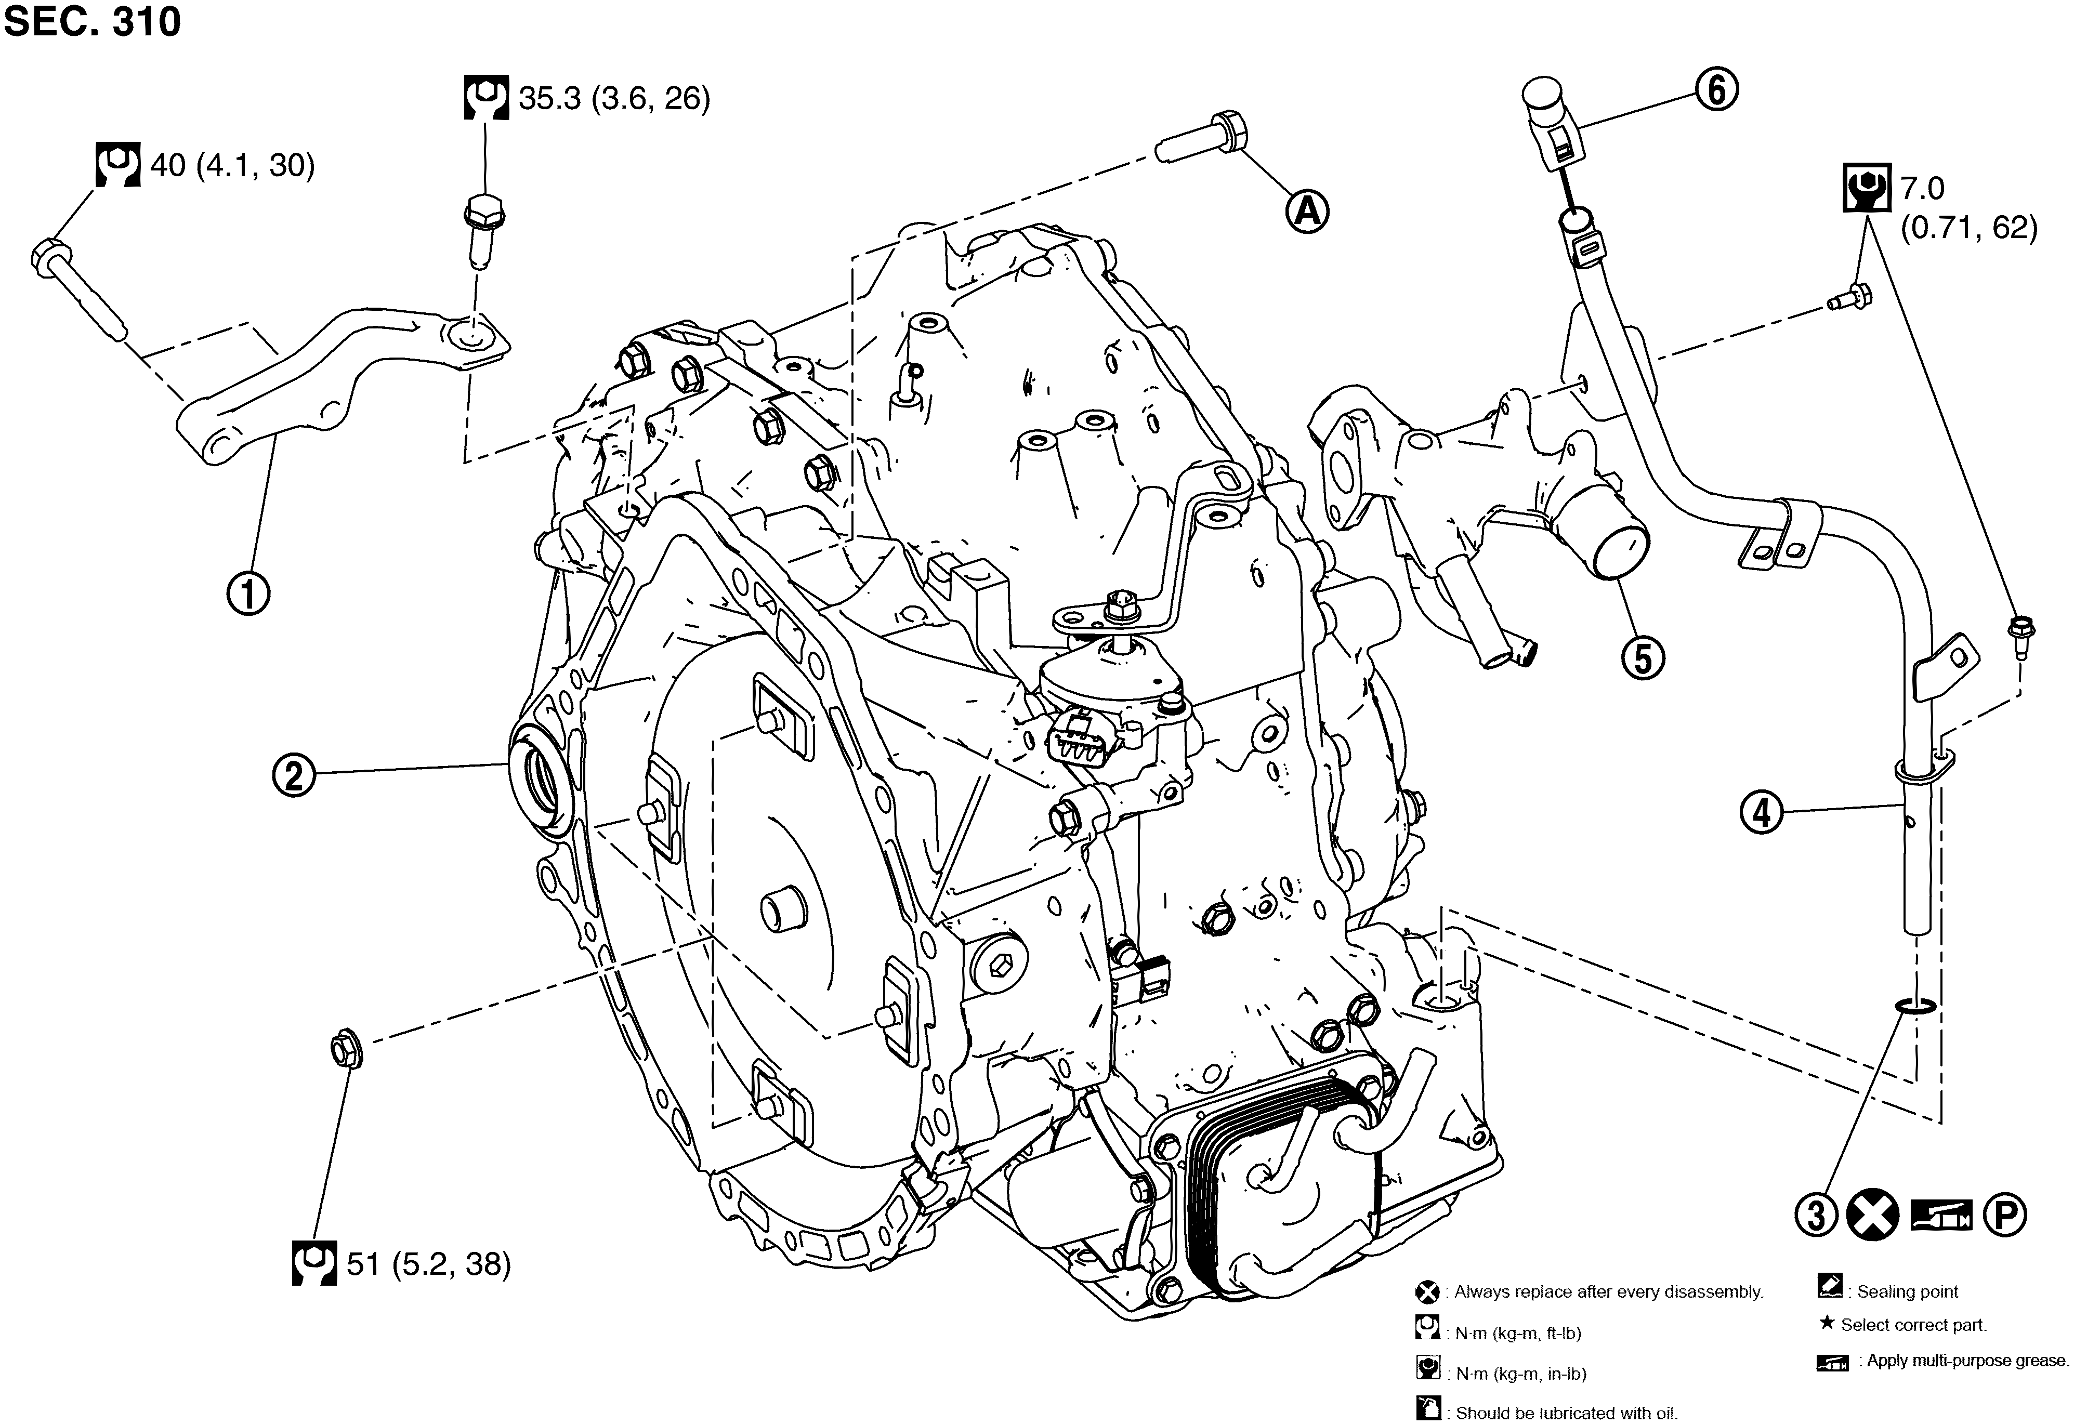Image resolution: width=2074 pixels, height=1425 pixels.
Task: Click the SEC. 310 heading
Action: [x=92, y=21]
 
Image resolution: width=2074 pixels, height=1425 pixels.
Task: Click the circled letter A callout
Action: [x=1307, y=212]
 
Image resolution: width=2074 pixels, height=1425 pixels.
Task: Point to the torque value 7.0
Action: [x=1921, y=189]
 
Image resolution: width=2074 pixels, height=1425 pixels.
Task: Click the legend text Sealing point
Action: [x=1907, y=1291]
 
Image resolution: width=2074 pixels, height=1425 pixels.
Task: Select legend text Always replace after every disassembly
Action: [x=1608, y=1291]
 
